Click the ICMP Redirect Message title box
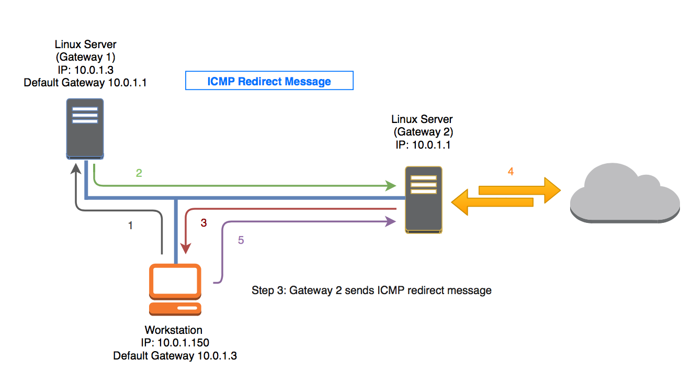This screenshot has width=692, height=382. coord(269,81)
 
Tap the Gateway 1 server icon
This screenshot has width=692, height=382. coord(85,129)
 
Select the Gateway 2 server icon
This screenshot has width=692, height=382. coord(423,199)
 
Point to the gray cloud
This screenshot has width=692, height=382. coord(625,193)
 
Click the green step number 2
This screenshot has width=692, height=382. coord(139,173)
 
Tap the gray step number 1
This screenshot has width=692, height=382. coord(130,226)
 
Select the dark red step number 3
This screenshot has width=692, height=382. coord(204,223)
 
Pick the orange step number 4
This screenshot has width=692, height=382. coord(511,171)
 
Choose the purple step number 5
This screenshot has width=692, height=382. coord(241,240)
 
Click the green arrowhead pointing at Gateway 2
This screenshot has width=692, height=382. coord(390,185)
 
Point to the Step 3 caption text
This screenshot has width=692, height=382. coord(371,290)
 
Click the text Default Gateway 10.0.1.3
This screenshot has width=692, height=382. coord(175,356)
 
